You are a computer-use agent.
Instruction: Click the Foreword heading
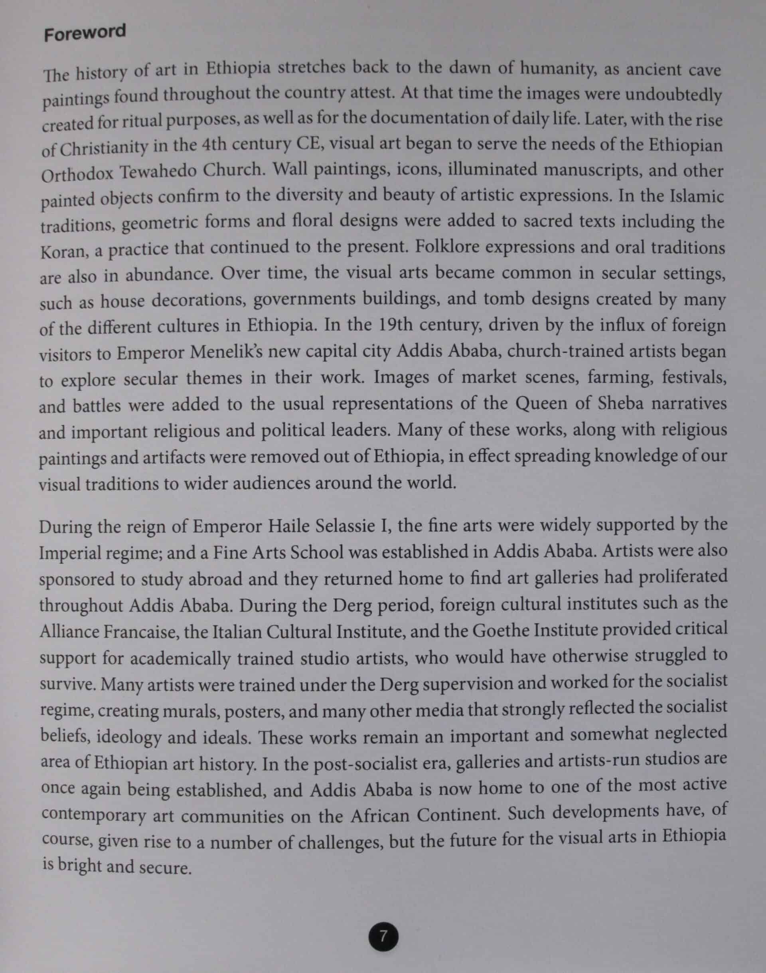click(85, 33)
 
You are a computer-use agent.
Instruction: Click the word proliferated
click(682, 576)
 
